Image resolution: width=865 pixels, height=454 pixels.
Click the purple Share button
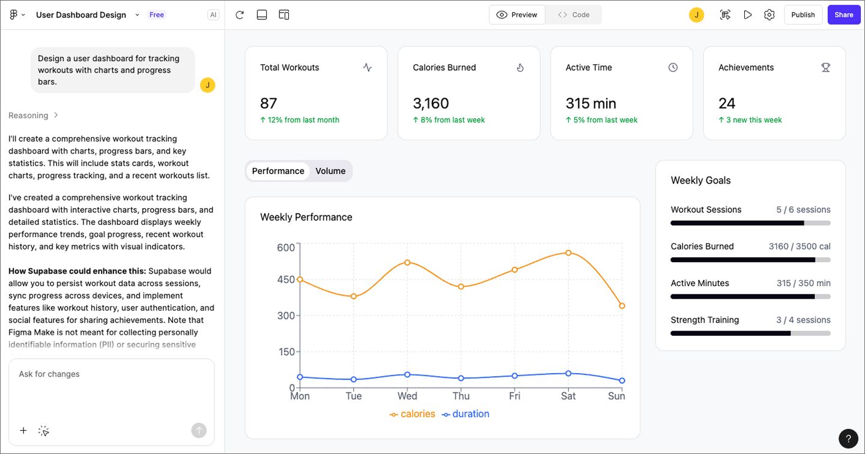coord(843,15)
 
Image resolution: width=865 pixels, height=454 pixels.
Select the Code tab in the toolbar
coord(573,15)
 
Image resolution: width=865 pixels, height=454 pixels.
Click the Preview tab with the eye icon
coord(517,15)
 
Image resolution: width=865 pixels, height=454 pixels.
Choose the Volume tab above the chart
coord(330,171)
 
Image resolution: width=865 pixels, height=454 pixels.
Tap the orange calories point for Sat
coord(568,253)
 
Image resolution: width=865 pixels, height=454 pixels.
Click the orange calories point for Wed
coord(407,263)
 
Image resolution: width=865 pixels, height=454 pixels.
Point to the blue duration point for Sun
coord(622,381)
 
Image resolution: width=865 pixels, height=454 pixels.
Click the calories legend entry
coord(413,414)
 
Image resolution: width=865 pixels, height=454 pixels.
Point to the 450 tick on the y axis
coord(286,279)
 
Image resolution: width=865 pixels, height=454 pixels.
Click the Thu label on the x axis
coord(461,396)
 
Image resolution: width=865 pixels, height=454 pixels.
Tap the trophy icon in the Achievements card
coord(825,68)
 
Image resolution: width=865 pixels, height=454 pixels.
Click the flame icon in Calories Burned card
coord(520,68)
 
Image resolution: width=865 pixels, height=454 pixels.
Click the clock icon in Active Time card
coord(673,68)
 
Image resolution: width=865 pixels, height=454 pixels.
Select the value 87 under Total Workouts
coord(269,103)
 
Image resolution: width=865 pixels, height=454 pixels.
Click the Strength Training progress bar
coord(750,333)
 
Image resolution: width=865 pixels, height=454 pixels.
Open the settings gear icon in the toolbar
coord(769,15)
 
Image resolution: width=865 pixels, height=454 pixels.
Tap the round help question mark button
coord(848,438)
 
